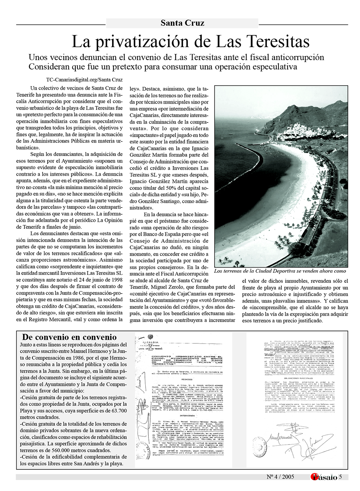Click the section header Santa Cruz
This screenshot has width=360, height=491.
coord(182,23)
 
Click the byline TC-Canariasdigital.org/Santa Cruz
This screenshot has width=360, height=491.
coord(84,80)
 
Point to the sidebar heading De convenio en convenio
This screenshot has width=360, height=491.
coord(69,337)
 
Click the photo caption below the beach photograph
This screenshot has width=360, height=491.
coord(280,271)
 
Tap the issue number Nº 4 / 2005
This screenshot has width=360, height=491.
coord(280,477)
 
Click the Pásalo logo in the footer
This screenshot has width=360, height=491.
coord(324,477)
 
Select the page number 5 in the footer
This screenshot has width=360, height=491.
coord(341,477)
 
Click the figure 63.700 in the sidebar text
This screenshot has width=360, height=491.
coord(117,411)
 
